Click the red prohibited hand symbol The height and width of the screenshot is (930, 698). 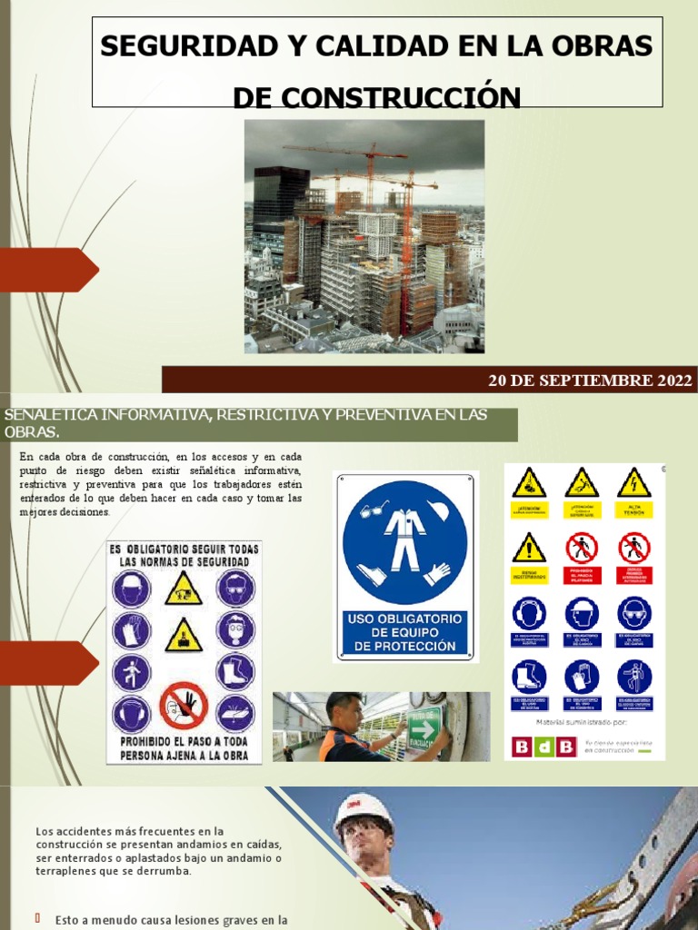click(x=183, y=707)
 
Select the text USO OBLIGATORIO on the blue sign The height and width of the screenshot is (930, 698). click(x=404, y=618)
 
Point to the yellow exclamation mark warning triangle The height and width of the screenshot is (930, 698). click(x=528, y=548)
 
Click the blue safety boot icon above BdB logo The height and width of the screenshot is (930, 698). click(x=528, y=677)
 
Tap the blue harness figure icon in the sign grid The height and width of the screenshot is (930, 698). click(x=633, y=677)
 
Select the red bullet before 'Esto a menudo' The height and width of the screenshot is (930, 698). click(x=38, y=919)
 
